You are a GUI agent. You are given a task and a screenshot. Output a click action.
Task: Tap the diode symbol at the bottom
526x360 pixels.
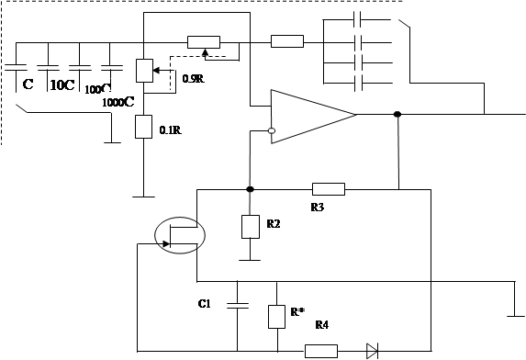[x=373, y=351]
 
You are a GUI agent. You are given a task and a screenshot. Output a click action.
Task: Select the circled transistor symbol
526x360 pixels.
[x=180, y=235]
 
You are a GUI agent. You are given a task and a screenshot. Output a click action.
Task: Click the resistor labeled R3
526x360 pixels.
[x=329, y=189]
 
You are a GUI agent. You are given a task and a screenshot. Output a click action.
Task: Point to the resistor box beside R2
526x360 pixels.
[x=251, y=227]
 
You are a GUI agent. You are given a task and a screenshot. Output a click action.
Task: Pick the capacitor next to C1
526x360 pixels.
[x=238, y=305]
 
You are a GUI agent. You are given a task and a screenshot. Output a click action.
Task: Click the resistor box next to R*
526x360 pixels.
[x=276, y=317]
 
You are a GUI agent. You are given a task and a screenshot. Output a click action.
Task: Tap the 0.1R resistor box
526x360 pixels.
[x=143, y=127]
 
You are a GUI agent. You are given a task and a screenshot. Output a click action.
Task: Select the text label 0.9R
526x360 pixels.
[x=194, y=79]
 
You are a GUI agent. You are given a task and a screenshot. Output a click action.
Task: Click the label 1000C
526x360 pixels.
[x=118, y=102]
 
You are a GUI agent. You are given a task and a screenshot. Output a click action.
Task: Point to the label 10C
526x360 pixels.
[x=62, y=85]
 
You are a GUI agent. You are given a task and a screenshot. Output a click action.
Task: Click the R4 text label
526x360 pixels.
[x=322, y=325]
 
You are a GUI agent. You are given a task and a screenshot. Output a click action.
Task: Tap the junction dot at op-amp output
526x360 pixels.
[x=397, y=115]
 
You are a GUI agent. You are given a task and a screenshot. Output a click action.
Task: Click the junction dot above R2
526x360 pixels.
[x=250, y=189]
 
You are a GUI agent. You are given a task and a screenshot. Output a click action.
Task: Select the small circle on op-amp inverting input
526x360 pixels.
[x=272, y=130]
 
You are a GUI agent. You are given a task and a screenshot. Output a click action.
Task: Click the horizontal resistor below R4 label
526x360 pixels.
[x=321, y=351]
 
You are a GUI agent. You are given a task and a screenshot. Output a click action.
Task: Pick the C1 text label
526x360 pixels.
[x=205, y=304]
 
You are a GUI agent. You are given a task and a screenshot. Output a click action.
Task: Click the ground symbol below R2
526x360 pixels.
[x=250, y=260]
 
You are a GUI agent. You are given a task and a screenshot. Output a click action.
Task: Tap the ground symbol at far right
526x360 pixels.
[x=516, y=316]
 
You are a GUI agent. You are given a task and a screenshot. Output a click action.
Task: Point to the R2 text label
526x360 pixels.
[x=274, y=224]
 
